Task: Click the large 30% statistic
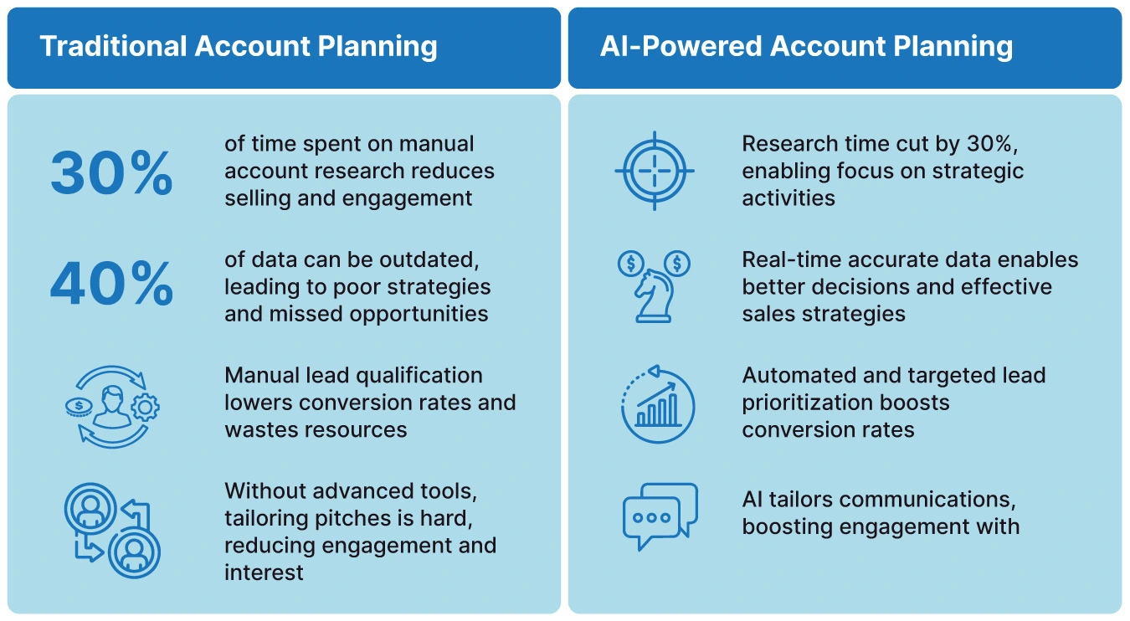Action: click(111, 173)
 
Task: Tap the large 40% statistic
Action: click(111, 286)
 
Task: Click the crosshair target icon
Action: click(655, 172)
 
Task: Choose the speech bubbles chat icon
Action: click(660, 516)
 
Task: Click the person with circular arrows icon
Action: click(111, 403)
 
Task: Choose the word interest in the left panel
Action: click(264, 573)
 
